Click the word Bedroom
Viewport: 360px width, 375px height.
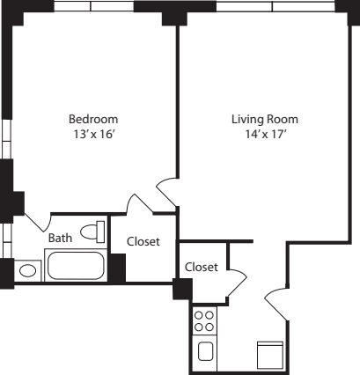click(x=93, y=119)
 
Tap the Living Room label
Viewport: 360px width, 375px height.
click(x=264, y=119)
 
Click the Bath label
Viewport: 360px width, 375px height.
click(x=60, y=238)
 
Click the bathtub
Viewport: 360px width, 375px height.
click(x=75, y=265)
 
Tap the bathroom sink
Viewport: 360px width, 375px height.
click(x=29, y=271)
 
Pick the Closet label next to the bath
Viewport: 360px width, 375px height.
click(x=143, y=241)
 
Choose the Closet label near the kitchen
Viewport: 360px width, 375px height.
click(x=202, y=267)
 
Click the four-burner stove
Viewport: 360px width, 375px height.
click(x=204, y=320)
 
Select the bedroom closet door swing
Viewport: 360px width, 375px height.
click(x=138, y=203)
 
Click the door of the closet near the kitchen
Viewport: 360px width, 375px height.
click(x=235, y=283)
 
